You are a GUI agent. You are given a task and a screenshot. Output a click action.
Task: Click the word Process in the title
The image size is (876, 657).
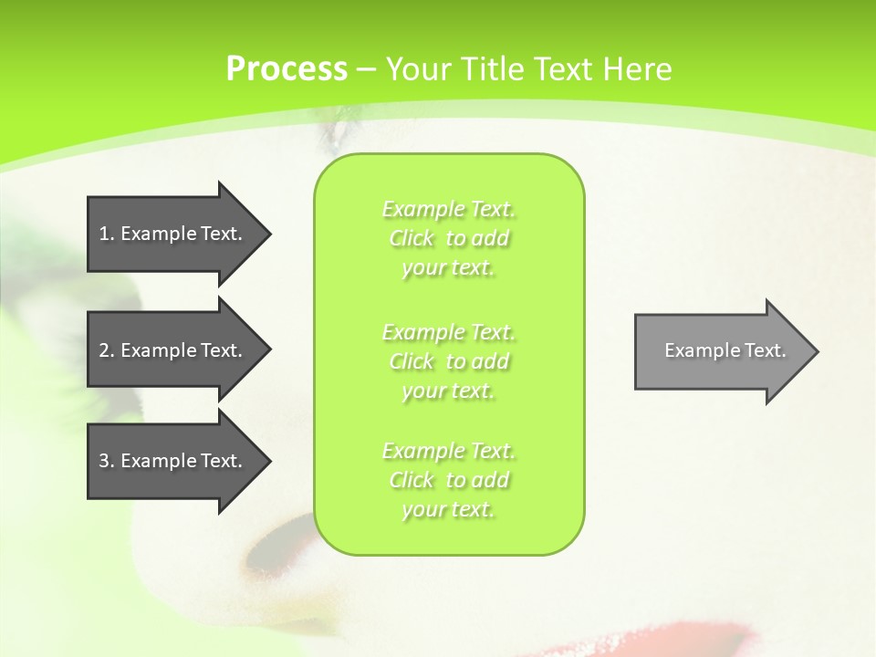287,69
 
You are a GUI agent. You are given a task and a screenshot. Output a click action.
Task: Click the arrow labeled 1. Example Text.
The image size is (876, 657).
173,234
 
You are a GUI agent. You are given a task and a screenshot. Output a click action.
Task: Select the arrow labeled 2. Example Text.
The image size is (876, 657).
173,350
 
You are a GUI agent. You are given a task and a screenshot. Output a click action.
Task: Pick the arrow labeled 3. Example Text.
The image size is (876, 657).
173,461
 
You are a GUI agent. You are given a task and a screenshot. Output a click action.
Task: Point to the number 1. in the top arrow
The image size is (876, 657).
107,234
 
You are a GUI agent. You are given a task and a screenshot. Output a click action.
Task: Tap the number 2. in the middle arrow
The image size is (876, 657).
107,350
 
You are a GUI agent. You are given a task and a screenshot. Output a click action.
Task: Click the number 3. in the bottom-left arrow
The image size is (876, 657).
107,461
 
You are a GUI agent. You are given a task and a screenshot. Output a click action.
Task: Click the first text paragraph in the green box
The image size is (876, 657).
449,238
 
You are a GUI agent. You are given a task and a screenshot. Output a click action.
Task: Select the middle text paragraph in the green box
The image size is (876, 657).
449,361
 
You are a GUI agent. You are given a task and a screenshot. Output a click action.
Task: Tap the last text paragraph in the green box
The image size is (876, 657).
449,480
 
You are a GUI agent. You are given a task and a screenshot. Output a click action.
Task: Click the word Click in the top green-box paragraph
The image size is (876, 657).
412,239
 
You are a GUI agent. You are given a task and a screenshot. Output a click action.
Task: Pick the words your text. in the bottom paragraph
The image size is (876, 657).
448,509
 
